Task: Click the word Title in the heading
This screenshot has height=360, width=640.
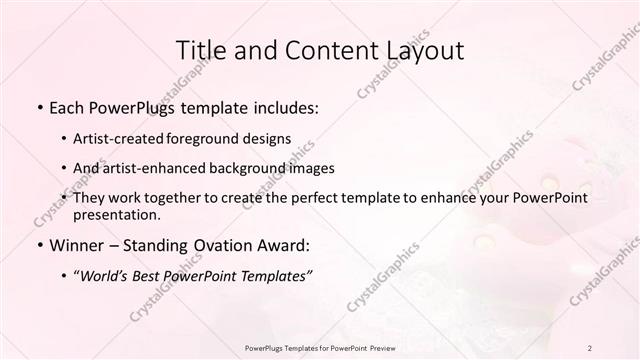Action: pyautogui.click(x=200, y=50)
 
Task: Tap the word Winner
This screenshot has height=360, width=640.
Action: pyautogui.click(x=76, y=244)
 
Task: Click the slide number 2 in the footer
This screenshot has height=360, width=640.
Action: pyautogui.click(x=589, y=347)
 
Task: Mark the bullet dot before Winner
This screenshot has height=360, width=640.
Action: pyautogui.click(x=39, y=245)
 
